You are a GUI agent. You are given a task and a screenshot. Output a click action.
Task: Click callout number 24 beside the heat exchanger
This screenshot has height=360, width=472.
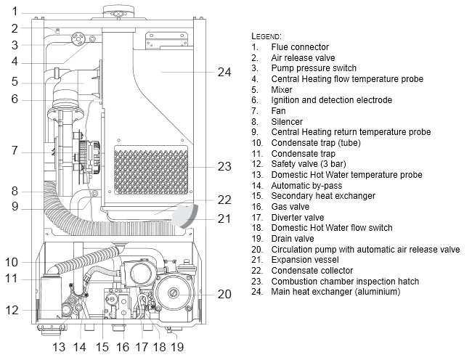tap(224, 72)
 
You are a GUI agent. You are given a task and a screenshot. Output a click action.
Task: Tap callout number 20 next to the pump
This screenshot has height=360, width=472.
tap(224, 294)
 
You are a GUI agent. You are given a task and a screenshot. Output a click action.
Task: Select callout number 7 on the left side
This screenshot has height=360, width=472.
tap(15, 150)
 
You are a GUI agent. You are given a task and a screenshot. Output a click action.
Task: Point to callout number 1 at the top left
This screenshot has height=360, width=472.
tap(15, 12)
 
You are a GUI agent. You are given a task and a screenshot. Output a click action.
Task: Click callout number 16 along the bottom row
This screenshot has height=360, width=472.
tap(123, 347)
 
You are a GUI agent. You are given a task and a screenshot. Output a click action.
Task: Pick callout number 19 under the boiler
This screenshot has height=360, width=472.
tap(177, 347)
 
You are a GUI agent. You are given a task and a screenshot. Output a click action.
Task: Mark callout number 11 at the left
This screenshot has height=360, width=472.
tap(12, 278)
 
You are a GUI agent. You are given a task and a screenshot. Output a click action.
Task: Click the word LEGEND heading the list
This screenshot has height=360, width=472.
tap(266, 36)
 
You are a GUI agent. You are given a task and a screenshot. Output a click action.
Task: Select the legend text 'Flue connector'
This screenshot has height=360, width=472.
tap(300, 47)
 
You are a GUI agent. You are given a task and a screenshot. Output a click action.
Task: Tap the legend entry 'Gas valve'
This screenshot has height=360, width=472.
tap(290, 207)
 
